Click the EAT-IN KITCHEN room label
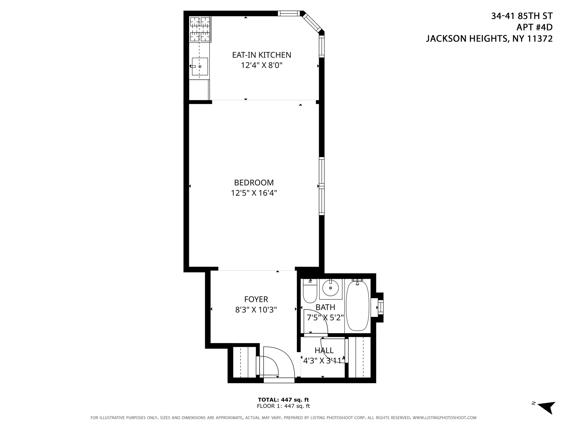click(x=261, y=55)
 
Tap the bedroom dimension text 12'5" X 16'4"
click(x=254, y=193)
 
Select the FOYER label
click(x=256, y=299)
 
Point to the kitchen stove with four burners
click(x=200, y=29)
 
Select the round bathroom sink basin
click(x=331, y=288)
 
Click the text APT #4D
click(x=534, y=27)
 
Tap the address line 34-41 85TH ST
click(x=522, y=16)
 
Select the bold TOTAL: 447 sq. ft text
click(x=283, y=400)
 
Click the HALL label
click(x=324, y=350)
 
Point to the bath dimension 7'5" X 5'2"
click(x=325, y=318)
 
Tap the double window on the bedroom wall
click(x=321, y=186)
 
